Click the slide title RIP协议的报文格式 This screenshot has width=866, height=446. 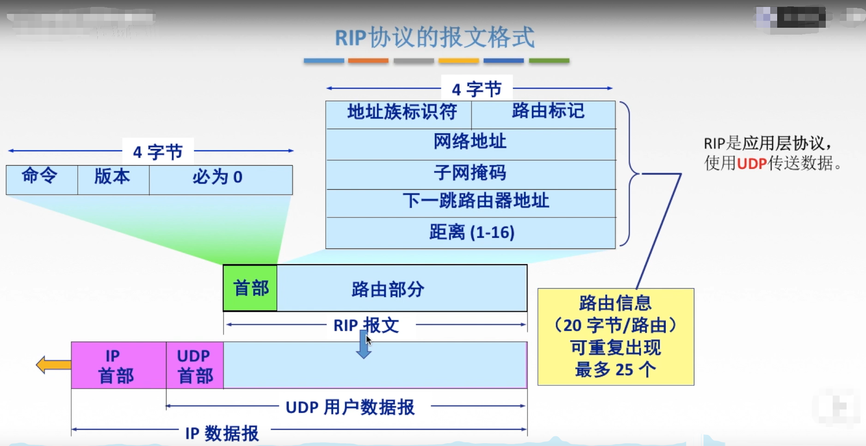434,37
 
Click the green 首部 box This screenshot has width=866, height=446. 250,288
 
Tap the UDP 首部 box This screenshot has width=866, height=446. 195,365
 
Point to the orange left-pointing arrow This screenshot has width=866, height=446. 53,365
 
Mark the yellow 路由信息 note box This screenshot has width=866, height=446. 615,336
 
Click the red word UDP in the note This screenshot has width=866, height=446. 752,163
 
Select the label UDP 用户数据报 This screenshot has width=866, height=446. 350,407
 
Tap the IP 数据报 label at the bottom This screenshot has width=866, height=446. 222,433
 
